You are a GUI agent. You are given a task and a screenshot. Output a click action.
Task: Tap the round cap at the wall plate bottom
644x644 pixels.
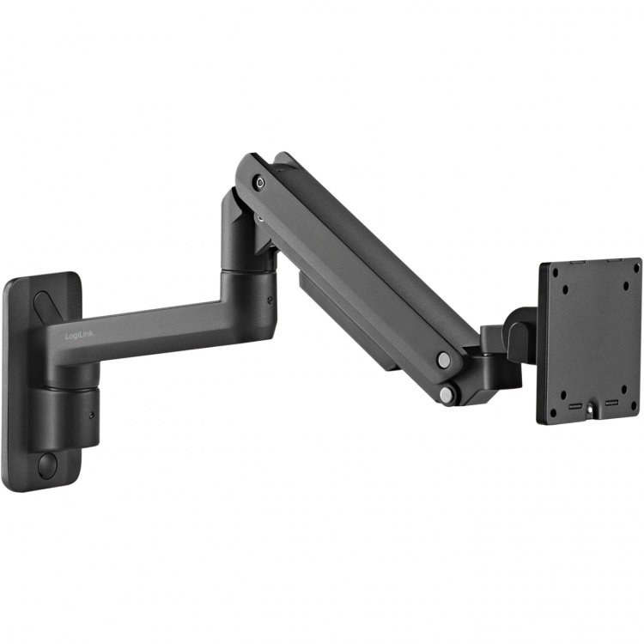click(x=47, y=465)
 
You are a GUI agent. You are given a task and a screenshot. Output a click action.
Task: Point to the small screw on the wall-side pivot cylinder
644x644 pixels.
click(x=93, y=414)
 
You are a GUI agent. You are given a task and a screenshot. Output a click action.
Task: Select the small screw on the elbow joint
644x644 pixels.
click(x=271, y=300)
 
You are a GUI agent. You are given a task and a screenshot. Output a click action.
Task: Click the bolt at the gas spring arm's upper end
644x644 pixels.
click(x=259, y=182)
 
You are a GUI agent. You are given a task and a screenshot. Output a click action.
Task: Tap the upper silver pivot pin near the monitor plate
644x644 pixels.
click(x=443, y=359)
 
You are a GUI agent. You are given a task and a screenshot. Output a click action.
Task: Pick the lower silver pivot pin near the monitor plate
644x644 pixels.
click(x=447, y=394)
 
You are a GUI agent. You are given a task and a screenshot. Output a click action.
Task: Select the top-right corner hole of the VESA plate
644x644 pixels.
click(x=633, y=266)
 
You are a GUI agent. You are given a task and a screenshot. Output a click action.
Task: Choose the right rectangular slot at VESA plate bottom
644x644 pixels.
click(x=611, y=401)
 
